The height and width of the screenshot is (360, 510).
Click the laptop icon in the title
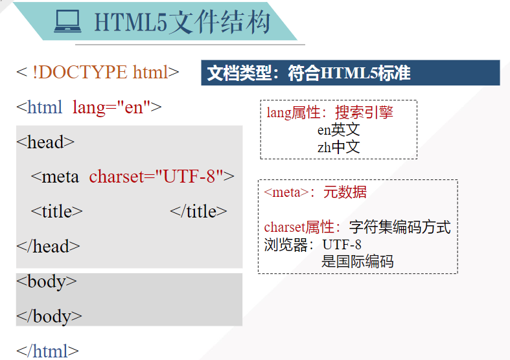pyautogui.click(x=67, y=23)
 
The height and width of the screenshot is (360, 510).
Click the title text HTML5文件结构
pyautogui.click(x=182, y=23)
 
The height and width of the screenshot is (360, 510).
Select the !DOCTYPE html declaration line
pyautogui.click(x=97, y=72)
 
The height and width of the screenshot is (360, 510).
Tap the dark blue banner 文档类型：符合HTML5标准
pyautogui.click(x=350, y=73)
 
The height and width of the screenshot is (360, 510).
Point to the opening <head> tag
pyautogui.click(x=45, y=142)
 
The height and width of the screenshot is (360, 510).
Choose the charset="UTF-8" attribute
pyautogui.click(x=156, y=176)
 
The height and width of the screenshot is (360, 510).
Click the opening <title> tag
pyautogui.click(x=57, y=211)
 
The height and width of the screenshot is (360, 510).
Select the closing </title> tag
pyautogui.click(x=198, y=211)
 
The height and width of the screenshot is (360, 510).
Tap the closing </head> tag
pyautogui.click(x=48, y=246)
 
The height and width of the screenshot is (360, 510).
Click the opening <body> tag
pyautogui.click(x=47, y=281)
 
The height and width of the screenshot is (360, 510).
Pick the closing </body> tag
pyautogui.click(x=49, y=316)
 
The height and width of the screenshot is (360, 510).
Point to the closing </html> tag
pyautogui.click(x=47, y=351)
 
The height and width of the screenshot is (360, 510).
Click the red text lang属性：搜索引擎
pyautogui.click(x=330, y=113)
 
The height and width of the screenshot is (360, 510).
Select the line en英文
pyautogui.click(x=338, y=129)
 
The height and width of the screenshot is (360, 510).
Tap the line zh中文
pyautogui.click(x=338, y=147)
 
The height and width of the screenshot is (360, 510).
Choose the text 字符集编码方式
pyautogui.click(x=400, y=227)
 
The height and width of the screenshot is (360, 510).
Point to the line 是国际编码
pyautogui.click(x=357, y=262)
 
